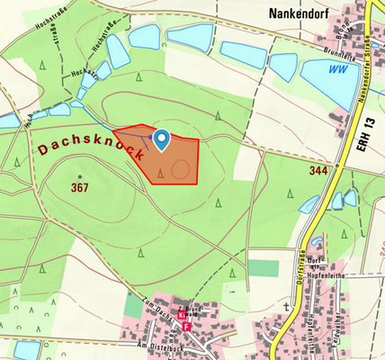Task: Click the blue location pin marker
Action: [x=162, y=139]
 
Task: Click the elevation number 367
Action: [x=79, y=188]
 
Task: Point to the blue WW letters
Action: [x=338, y=68]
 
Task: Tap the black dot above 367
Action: [x=79, y=176]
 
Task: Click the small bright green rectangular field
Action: [x=264, y=268]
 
